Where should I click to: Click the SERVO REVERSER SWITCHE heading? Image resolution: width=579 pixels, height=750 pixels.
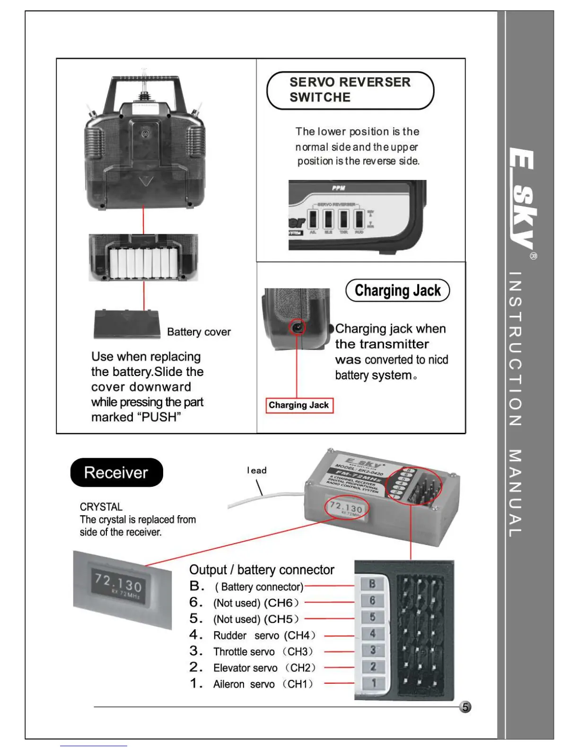pyautogui.click(x=350, y=90)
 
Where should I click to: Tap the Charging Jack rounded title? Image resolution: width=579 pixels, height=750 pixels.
pyautogui.click(x=397, y=290)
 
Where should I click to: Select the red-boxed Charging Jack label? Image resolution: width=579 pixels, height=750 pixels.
pyautogui.click(x=299, y=405)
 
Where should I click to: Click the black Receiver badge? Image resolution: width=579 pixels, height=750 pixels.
pyautogui.click(x=116, y=473)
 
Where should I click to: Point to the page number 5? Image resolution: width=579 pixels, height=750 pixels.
pyautogui.click(x=465, y=707)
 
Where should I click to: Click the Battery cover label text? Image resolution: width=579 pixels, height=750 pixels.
pyautogui.click(x=199, y=332)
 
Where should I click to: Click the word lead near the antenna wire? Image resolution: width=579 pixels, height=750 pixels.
pyautogui.click(x=257, y=470)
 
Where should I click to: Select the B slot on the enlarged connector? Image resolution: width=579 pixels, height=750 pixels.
pyautogui.click(x=372, y=584)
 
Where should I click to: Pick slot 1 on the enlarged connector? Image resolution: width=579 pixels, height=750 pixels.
pyautogui.click(x=374, y=683)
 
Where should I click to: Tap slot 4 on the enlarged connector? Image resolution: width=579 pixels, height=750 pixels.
pyautogui.click(x=373, y=634)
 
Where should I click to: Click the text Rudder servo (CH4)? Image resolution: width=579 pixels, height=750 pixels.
pyautogui.click(x=264, y=635)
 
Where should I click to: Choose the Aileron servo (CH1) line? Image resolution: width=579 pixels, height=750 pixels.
pyautogui.click(x=263, y=684)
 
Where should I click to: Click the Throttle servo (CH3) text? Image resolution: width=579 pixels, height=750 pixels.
pyautogui.click(x=263, y=652)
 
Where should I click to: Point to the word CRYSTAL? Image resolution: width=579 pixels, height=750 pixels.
pyautogui.click(x=101, y=507)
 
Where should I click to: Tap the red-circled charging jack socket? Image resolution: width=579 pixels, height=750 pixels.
pyautogui.click(x=298, y=327)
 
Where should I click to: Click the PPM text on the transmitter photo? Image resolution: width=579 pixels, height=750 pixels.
pyautogui.click(x=339, y=188)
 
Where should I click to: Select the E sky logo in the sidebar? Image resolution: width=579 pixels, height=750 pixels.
pyautogui.click(x=522, y=199)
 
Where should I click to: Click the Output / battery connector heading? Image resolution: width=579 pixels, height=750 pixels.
pyautogui.click(x=262, y=570)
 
